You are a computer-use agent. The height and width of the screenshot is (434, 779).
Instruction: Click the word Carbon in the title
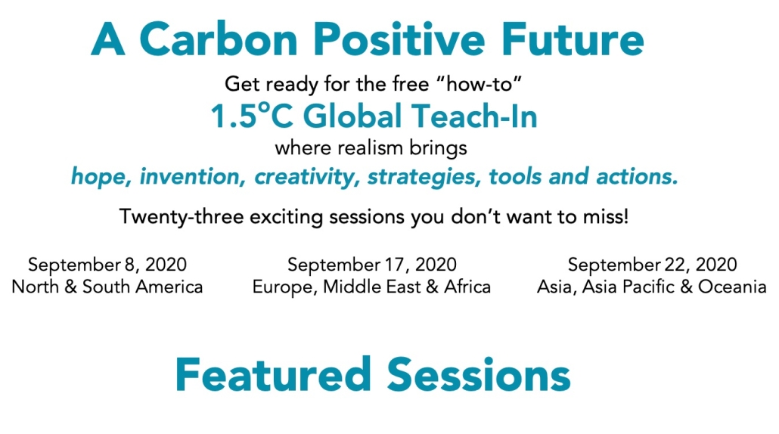(219, 39)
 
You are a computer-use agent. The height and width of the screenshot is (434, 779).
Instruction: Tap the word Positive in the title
(399, 39)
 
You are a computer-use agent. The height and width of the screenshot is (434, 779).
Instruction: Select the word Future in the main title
(573, 39)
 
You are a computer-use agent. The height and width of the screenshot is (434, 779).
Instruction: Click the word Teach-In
(474, 116)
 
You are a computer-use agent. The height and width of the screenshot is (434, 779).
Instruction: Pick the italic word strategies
(424, 177)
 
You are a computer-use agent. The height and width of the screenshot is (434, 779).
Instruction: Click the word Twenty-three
(182, 217)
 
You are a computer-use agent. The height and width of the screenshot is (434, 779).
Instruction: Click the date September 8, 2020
(107, 265)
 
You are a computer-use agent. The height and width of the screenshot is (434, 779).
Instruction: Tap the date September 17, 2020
(371, 265)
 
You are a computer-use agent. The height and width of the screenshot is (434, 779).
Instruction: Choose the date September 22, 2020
(652, 265)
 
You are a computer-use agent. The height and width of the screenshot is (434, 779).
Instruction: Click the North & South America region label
(107, 287)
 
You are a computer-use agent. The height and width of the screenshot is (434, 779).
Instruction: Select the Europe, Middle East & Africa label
(371, 287)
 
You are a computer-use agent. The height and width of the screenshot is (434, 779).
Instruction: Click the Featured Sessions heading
(373, 374)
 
